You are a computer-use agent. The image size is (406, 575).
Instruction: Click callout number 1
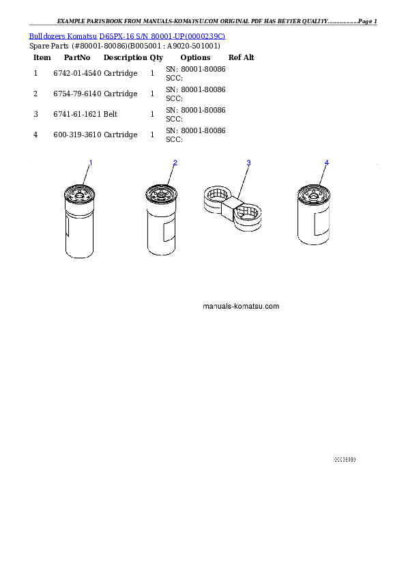[91, 163]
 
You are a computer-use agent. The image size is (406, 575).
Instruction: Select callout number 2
[175, 163]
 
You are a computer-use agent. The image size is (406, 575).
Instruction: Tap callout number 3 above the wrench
[248, 163]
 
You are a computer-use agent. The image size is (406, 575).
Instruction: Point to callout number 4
[326, 163]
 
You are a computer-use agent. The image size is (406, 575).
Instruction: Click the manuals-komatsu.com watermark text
[241, 306]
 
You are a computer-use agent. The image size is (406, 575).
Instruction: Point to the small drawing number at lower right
[345, 460]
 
